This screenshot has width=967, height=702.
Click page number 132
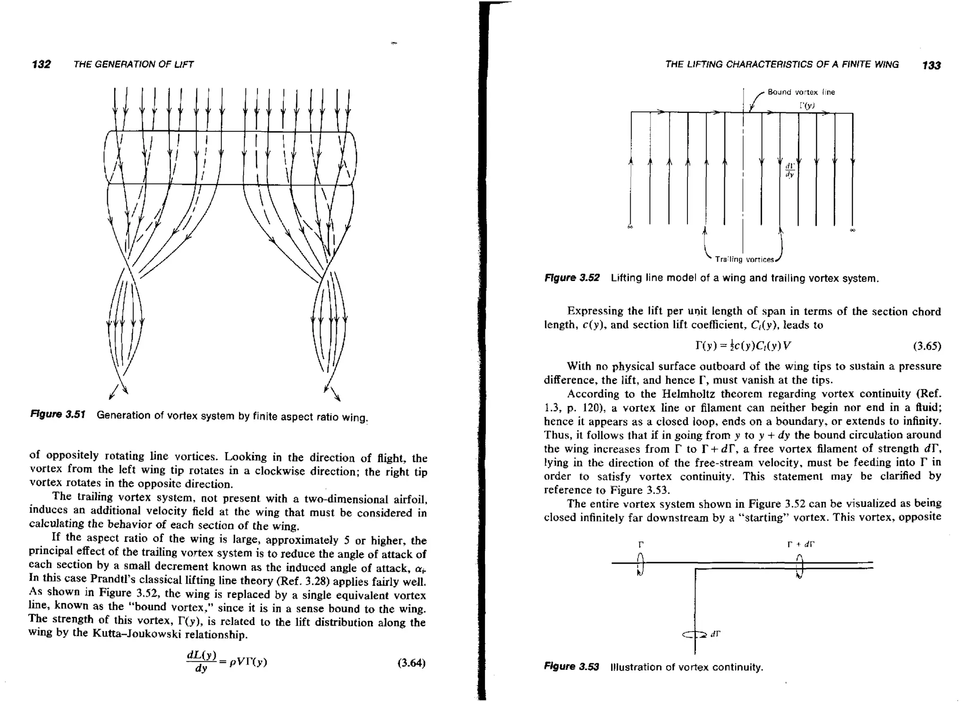pos(42,64)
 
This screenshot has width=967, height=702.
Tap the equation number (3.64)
pos(411,663)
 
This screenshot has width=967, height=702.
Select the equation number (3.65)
pos(927,346)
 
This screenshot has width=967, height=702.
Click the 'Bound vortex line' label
pos(801,92)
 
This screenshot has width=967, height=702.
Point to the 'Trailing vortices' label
pos(745,259)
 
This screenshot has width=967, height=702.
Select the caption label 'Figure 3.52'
pos(572,278)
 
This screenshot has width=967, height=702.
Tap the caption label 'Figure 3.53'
pos(571,667)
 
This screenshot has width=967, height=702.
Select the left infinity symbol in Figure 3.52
pos(630,227)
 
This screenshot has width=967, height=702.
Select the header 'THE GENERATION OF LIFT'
pos(134,64)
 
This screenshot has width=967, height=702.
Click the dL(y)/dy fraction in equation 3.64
pos(202,662)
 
